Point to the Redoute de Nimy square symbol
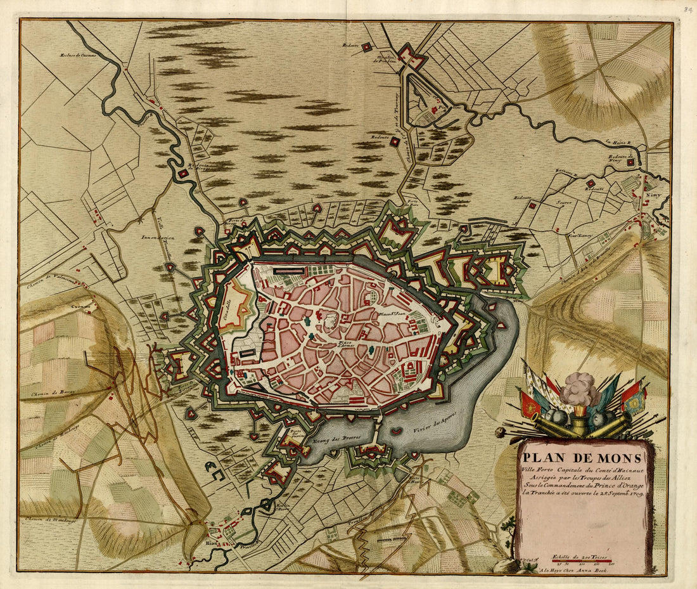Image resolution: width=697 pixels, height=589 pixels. [x=631, y=163]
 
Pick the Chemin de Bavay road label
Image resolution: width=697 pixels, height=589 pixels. [x=52, y=393]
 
